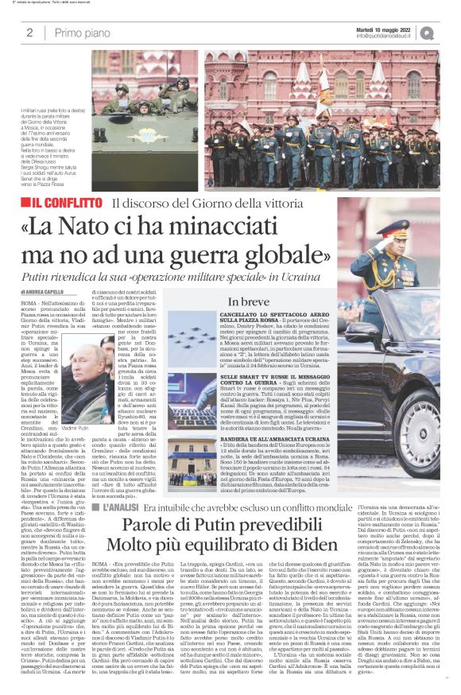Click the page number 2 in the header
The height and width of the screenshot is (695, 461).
[29, 32]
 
